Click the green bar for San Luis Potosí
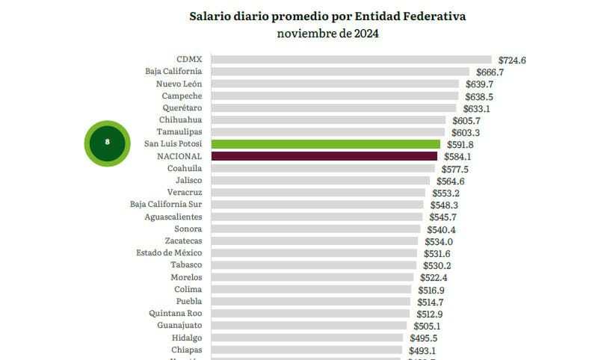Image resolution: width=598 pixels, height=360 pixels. pos(326,144)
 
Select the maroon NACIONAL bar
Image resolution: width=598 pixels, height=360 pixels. pos(324,156)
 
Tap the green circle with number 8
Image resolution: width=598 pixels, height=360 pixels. pos(108,142)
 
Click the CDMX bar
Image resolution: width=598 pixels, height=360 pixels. pos(351,60)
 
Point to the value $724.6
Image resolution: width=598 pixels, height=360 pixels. pos(511,60)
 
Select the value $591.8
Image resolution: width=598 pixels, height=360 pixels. pos(459,144)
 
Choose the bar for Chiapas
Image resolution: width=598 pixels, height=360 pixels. pos(308,350)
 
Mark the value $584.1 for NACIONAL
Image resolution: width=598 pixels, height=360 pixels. pos(456,156)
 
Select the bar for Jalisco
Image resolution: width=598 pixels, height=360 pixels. pos(321,181)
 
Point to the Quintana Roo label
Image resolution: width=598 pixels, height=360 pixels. pos(175,314)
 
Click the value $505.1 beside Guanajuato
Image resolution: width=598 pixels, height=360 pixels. pos(426,326)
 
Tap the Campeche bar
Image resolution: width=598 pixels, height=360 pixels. pos(335,96)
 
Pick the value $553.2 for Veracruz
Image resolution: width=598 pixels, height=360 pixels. pos(444,193)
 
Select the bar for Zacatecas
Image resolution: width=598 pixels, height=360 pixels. pos(315,241)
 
